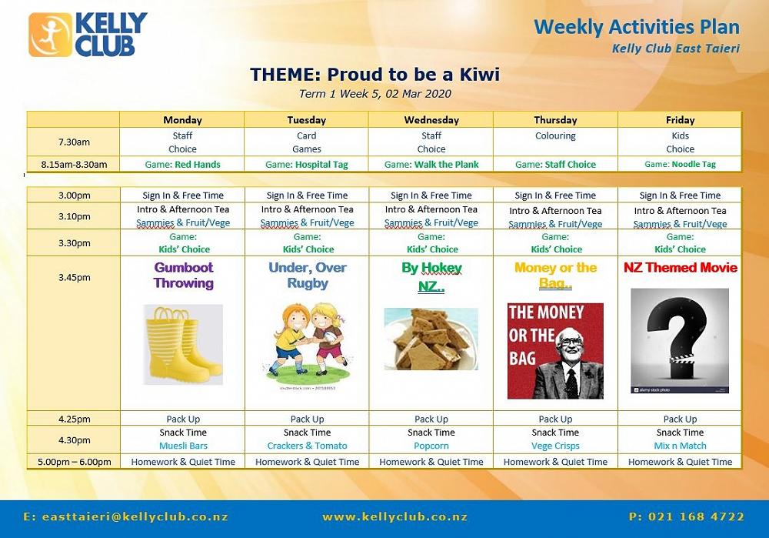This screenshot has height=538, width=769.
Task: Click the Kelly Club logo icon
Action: (51, 35)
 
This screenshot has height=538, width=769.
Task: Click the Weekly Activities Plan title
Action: (637, 26)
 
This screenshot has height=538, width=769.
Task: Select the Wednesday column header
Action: (431, 120)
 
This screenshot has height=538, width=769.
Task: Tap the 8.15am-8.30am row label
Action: (74, 165)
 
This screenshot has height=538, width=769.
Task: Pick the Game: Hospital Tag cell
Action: (307, 165)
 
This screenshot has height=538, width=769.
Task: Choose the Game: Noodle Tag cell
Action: (681, 165)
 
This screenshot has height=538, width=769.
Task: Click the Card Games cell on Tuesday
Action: (307, 142)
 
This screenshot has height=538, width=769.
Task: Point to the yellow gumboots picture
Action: (184, 345)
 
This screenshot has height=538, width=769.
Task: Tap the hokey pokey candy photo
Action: (431, 339)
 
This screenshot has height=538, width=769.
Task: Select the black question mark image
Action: (680, 341)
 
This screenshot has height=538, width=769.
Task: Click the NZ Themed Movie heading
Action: (681, 268)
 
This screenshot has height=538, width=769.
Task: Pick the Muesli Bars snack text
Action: (184, 446)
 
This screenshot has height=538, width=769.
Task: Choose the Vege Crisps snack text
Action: (556, 446)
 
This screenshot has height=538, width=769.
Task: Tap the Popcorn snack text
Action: (431, 446)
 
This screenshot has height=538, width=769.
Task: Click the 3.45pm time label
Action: (74, 277)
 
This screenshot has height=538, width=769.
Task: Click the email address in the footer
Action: (125, 517)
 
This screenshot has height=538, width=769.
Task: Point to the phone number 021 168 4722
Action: (687, 516)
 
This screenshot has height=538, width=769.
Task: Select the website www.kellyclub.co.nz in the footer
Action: (394, 517)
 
